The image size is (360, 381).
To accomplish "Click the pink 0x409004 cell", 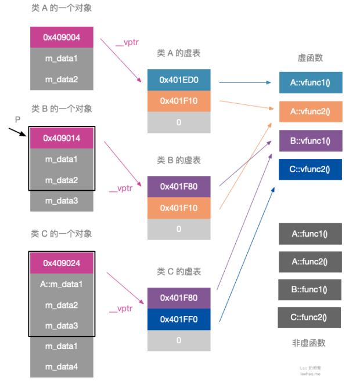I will click(62, 38).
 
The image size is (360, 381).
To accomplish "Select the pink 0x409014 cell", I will click(62, 138).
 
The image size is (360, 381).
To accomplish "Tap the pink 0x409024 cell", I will click(62, 263).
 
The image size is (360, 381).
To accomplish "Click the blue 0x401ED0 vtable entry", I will click(179, 80).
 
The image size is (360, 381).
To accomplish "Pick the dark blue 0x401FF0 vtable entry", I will click(179, 319).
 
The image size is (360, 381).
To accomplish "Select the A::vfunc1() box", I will click(310, 82).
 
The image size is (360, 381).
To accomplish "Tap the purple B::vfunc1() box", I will click(310, 141).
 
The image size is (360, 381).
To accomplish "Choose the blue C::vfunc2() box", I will click(310, 169).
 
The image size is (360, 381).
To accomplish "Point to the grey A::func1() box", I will click(310, 234).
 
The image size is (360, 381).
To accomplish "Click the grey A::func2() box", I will click(310, 262).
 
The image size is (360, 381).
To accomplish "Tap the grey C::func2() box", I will click(309, 317).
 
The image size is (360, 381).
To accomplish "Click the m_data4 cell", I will click(62, 367).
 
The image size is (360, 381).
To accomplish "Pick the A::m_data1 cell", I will click(62, 284).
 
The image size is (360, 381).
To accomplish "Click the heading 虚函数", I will click(310, 58).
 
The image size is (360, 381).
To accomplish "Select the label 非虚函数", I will click(309, 343).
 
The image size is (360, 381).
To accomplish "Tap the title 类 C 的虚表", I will click(179, 271).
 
